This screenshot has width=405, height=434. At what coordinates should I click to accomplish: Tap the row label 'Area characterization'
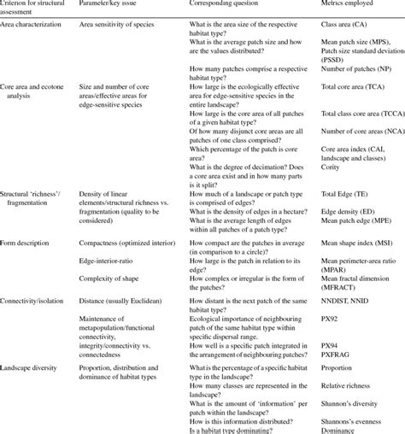coord(35,26)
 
